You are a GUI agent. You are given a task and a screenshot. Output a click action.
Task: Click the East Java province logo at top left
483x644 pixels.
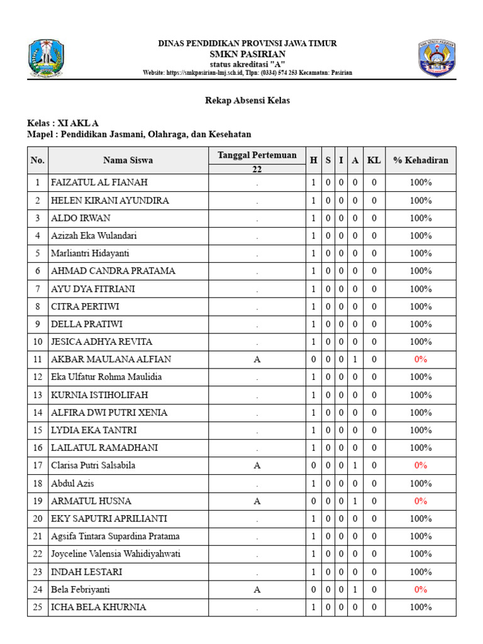click(46, 58)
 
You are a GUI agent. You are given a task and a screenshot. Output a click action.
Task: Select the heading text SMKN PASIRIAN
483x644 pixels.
click(247, 54)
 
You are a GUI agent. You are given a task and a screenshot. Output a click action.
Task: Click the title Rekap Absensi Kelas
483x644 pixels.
click(247, 101)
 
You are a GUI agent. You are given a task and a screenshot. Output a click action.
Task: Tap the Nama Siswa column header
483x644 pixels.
click(128, 160)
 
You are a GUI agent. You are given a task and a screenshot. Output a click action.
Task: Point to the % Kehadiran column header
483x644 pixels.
click(421, 160)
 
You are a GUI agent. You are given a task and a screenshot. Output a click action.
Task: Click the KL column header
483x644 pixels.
click(374, 160)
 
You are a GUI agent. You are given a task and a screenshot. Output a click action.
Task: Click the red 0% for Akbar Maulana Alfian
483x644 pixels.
click(421, 360)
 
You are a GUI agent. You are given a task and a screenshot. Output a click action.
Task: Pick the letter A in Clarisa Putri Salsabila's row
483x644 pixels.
click(257, 466)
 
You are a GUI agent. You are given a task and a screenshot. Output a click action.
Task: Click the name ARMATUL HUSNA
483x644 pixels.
click(91, 501)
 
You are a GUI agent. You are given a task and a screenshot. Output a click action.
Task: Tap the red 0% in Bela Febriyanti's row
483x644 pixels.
click(421, 590)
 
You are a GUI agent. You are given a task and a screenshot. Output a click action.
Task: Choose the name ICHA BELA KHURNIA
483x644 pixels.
click(99, 608)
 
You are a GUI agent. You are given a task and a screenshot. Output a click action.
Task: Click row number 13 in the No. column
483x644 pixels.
click(38, 395)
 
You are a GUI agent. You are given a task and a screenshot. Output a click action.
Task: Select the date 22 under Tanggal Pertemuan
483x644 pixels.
click(257, 169)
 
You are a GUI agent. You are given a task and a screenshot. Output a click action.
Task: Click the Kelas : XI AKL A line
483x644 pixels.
click(63, 123)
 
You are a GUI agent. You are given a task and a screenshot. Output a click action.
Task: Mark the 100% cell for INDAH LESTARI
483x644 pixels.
click(421, 572)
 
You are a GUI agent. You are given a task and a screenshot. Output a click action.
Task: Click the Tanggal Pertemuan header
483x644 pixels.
click(257, 155)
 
